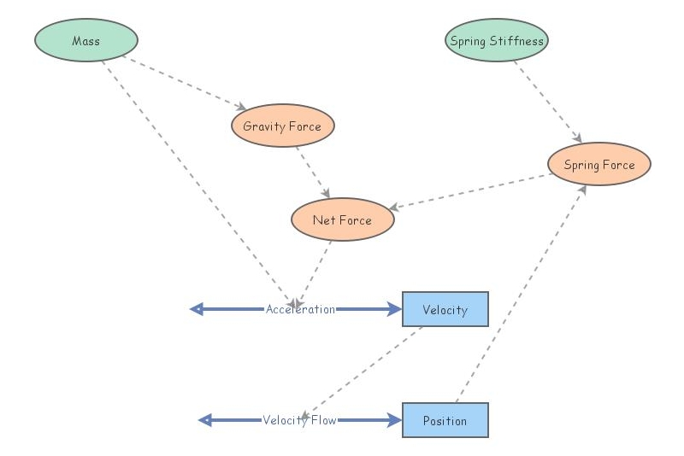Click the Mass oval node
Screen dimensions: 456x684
point(86,41)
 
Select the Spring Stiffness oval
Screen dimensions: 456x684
point(497,40)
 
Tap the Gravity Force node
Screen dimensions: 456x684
point(282,126)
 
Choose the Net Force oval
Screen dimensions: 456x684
point(342,220)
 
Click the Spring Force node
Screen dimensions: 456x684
point(599,165)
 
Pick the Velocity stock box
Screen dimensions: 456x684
point(445,309)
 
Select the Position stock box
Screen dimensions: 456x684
point(445,420)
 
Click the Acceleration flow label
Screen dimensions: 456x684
point(300,309)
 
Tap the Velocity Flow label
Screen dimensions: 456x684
point(299,420)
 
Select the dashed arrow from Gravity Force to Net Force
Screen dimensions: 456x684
point(312,172)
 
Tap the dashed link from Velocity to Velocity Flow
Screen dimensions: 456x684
point(363,371)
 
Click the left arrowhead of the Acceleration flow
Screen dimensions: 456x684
point(197,309)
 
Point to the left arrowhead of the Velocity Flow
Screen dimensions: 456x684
point(205,420)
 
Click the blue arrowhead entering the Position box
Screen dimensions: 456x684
point(395,420)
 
